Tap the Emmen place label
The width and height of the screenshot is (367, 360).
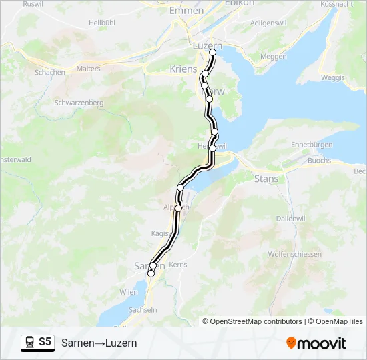point(186,11)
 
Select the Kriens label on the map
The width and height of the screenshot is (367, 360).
point(183,69)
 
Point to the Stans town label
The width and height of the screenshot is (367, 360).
point(266,179)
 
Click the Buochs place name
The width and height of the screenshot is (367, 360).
point(320,161)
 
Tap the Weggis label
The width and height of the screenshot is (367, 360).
point(332,78)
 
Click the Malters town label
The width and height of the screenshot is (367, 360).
point(89,69)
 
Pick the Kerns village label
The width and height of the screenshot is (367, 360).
point(178,265)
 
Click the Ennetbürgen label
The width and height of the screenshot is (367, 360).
point(312,145)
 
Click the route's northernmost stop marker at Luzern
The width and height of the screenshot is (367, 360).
point(213,52)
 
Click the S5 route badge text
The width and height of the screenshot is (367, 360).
point(45,342)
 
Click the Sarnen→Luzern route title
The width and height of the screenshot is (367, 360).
point(99,343)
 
